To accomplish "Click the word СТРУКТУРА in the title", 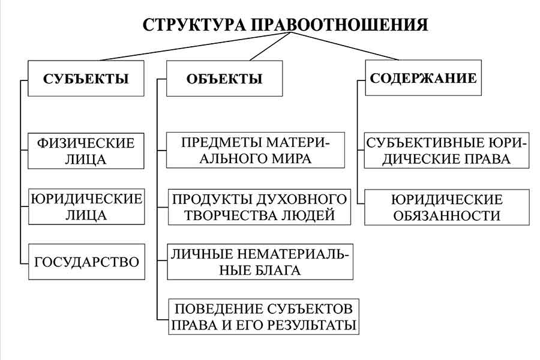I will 193,25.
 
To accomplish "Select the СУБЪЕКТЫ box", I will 86,78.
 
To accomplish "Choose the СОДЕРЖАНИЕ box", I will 423,78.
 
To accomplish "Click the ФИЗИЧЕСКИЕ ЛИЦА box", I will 86,151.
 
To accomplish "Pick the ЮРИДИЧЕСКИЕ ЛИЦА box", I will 86,206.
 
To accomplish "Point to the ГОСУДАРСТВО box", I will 86,262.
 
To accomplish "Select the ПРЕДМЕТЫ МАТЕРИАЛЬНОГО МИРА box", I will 256,151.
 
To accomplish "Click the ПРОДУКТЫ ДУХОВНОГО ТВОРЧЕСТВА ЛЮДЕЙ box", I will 259,207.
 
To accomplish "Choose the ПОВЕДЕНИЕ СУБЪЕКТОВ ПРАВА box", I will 263,317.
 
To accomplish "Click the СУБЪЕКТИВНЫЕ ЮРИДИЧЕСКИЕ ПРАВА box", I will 446,151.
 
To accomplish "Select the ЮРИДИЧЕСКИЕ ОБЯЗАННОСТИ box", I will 446,207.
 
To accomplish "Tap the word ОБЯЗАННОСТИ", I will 446,215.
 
